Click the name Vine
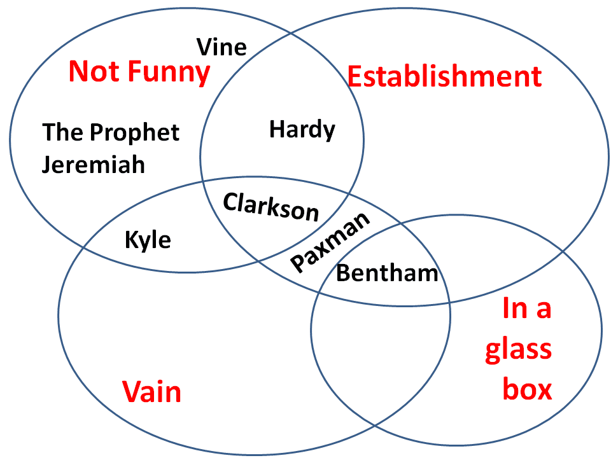coord(221,47)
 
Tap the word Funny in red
coord(169,71)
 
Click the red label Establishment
coord(444,77)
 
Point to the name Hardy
coord(302,130)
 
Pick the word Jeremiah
coord(94,165)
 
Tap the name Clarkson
coord(271,206)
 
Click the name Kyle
coord(148,240)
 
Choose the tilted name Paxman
coord(330,242)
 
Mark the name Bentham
coord(387,274)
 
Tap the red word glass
coord(518,351)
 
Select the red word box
coord(527,389)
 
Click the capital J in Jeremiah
coord(47,165)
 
